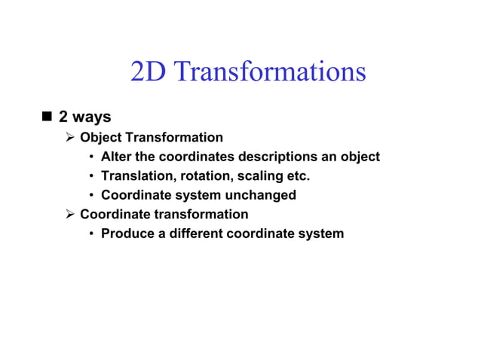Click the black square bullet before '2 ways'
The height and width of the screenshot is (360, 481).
pos(47,117)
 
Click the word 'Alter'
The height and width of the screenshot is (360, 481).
pos(117,157)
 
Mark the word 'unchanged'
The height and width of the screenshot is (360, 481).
pos(261,195)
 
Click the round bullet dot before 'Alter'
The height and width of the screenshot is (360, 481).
pos(91,157)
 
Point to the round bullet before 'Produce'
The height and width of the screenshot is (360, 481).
pos(91,233)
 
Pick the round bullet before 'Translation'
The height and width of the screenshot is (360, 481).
pos(91,176)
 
